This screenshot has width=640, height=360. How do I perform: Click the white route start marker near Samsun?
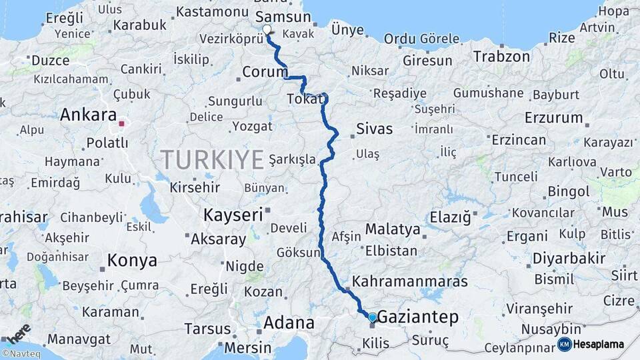pyautogui.click(x=267, y=29)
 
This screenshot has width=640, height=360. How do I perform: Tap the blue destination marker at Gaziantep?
pyautogui.click(x=372, y=318)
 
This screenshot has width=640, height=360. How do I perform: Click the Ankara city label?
pyautogui.click(x=88, y=115)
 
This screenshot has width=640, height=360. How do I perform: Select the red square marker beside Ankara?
pyautogui.click(x=121, y=123)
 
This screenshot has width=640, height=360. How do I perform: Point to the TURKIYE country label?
pyautogui.click(x=213, y=160)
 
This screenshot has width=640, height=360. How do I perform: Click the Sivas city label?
pyautogui.click(x=374, y=129)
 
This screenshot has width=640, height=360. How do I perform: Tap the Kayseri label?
pyautogui.click(x=233, y=215)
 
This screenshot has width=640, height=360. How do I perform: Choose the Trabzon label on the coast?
pyautogui.click(x=501, y=57)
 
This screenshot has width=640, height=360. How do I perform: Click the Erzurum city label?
pyautogui.click(x=553, y=118)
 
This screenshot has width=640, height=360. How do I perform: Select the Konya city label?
pyautogui.click(x=132, y=260)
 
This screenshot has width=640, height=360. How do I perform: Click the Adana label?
pyautogui.click(x=289, y=323)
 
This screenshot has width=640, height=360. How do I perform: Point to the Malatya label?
pyautogui.click(x=393, y=230)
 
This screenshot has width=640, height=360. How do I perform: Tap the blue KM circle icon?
pyautogui.click(x=564, y=344)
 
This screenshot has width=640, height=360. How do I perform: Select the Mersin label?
pyautogui.click(x=247, y=347)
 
